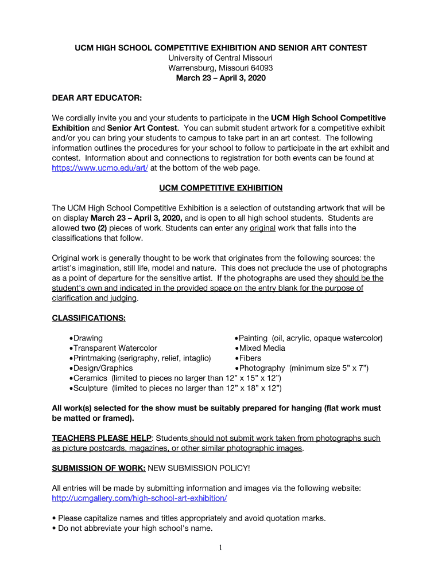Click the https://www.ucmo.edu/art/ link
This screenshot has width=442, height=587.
(100, 168)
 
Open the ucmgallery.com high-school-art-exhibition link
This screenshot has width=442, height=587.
(139, 498)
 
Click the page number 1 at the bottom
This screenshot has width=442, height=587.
(220, 547)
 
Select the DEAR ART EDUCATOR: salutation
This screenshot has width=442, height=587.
(97, 98)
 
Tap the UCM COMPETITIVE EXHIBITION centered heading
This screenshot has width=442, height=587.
(220, 188)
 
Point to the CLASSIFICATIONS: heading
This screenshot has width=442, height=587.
(89, 318)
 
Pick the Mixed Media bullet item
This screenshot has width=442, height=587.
(262, 348)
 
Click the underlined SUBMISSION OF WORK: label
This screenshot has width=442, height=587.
(99, 468)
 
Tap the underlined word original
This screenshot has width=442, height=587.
(263, 228)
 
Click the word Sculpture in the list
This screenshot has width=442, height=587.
(91, 388)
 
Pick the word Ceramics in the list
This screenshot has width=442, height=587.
(91, 378)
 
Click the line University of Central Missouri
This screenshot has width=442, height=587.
(220, 58)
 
